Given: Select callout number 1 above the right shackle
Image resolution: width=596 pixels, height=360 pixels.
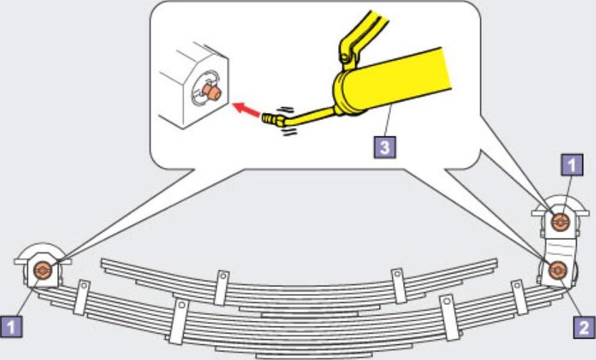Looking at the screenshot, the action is click(x=570, y=166).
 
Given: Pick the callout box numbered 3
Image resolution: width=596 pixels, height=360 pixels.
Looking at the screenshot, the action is click(x=384, y=149).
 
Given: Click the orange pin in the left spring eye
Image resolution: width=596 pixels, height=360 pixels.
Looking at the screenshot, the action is click(x=42, y=270).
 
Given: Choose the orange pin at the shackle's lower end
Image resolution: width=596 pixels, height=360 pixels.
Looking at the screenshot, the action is click(x=558, y=270).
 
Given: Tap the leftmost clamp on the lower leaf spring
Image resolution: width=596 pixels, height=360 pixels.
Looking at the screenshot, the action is click(x=82, y=296).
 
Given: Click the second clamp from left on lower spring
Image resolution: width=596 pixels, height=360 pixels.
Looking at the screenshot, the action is click(x=178, y=321).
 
